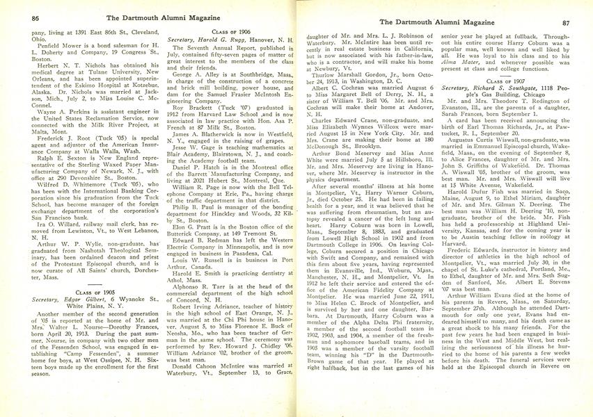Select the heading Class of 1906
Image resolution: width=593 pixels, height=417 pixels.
pos(230,32)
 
